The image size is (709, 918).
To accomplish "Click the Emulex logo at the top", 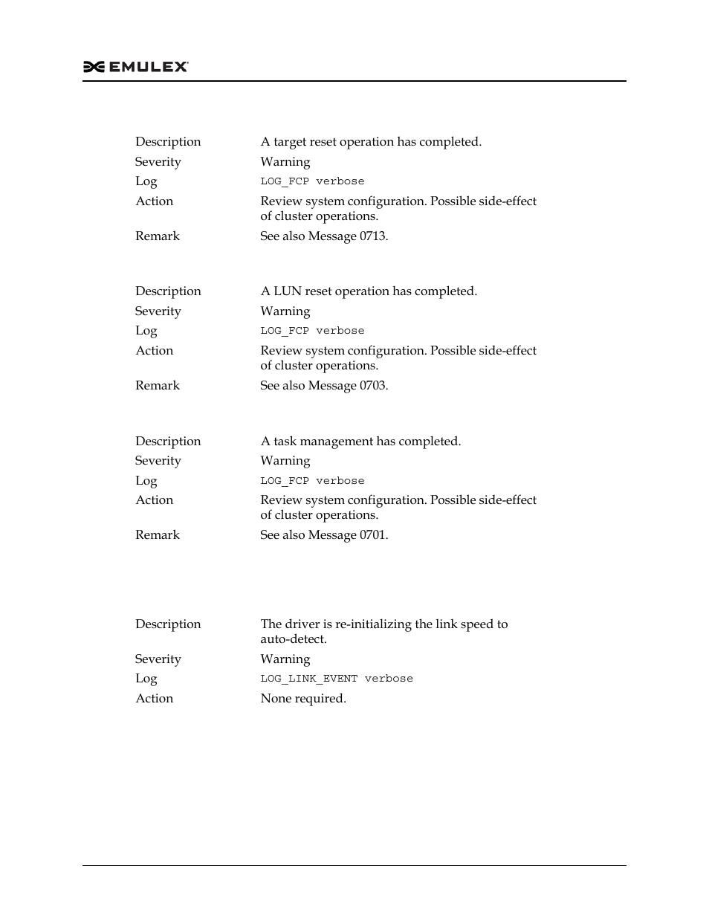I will click(x=136, y=67).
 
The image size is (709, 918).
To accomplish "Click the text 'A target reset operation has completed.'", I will click(x=371, y=142).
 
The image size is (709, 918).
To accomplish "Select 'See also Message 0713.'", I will click(x=324, y=236).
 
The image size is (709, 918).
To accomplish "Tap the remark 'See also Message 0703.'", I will click(x=324, y=386).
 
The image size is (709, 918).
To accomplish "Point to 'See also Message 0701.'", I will click(x=324, y=535).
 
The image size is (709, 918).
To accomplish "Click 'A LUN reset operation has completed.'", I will click(x=369, y=291).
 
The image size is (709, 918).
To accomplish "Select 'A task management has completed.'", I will click(x=360, y=442).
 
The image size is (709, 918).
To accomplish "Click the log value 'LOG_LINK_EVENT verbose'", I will click(x=336, y=679).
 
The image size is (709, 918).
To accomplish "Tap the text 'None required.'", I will click(x=303, y=699).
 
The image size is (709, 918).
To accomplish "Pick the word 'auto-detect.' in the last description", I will click(x=294, y=639).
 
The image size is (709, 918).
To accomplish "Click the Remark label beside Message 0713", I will click(x=158, y=236).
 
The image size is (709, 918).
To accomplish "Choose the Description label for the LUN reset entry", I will click(x=168, y=291).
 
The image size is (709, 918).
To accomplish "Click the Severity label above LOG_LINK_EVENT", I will click(x=158, y=659).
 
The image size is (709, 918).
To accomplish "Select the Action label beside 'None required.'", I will click(x=154, y=699).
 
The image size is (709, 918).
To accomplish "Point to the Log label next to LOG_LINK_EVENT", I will click(x=146, y=679).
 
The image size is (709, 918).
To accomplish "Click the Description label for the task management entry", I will click(x=168, y=442).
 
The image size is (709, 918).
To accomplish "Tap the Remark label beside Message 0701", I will click(x=158, y=535).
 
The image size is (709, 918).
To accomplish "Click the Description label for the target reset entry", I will click(x=168, y=142).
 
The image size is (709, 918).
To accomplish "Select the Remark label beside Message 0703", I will click(x=158, y=386).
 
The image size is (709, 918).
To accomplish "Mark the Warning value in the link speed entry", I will click(x=285, y=659).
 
